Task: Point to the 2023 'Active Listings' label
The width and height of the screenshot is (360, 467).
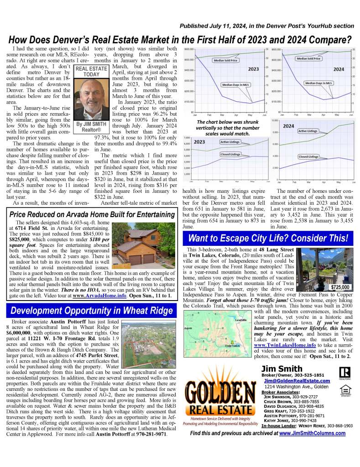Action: click(231, 142)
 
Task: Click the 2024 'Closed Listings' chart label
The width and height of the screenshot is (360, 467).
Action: click(308, 156)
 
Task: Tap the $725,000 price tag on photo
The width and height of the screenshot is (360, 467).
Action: click(339, 287)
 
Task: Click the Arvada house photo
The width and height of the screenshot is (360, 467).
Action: click(136, 248)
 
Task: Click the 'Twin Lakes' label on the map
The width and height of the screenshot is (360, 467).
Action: click(233, 346)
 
